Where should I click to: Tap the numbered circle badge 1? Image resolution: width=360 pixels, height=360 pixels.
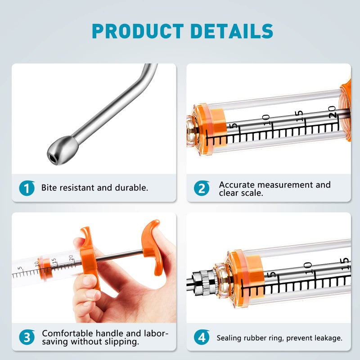[x=27, y=188]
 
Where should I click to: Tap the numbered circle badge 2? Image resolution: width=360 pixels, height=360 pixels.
[x=202, y=188]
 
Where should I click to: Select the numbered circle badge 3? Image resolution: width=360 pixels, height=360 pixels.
[x=27, y=337]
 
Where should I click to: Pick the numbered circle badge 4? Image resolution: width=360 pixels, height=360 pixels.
[x=202, y=337]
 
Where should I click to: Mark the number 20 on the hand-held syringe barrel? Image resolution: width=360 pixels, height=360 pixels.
[x=71, y=257]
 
